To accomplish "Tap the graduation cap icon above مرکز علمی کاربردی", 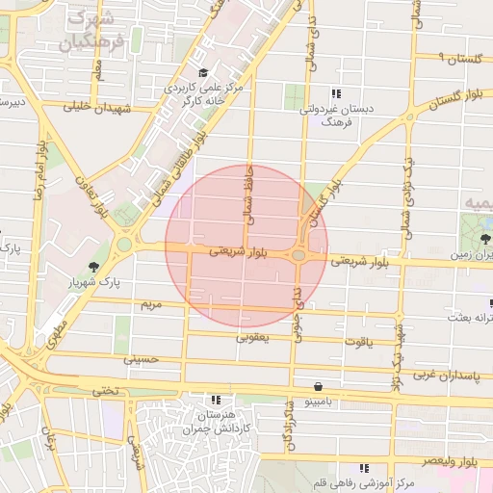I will click(x=202, y=73).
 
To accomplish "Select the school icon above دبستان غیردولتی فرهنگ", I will click(x=336, y=93).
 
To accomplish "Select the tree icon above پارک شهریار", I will click(x=93, y=267).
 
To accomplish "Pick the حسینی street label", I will click(x=139, y=358).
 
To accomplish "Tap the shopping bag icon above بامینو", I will click(x=319, y=383).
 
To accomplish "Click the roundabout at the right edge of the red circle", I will click(x=299, y=255).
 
